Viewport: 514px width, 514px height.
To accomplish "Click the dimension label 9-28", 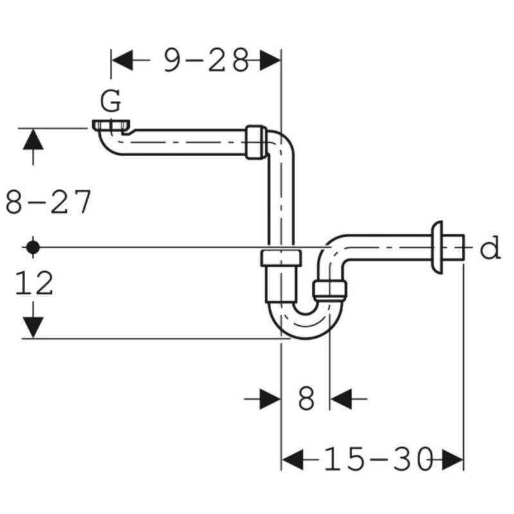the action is (206, 60).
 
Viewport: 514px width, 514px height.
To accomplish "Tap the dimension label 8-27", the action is (48, 202).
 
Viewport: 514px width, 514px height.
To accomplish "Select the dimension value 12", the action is (34, 283).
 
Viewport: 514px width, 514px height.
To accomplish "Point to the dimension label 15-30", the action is (378, 459).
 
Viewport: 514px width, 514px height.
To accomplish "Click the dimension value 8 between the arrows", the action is (306, 399).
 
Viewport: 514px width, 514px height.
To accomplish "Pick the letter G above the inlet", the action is (111, 101).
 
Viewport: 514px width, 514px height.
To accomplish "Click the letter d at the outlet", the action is (490, 247).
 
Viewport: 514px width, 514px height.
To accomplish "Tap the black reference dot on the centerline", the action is (33, 247).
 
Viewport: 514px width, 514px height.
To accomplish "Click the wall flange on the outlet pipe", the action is (438, 247).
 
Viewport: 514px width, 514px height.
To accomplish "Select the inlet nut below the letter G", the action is (111, 126).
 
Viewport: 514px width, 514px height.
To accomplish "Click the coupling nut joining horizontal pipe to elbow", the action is (256, 142).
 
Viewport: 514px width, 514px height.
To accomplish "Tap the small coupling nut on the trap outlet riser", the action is (330, 290).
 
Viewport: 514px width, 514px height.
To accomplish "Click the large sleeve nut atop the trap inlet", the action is (281, 258).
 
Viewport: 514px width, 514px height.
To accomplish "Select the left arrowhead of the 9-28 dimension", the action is (122, 60).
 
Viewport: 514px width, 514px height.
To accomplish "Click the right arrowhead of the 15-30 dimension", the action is (452, 459).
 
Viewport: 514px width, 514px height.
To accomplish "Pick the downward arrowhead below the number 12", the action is (33, 327).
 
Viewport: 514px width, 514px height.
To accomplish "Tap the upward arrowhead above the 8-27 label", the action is (33, 139).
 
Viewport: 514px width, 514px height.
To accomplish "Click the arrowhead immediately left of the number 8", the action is (270, 399).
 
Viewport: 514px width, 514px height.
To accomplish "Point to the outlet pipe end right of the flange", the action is (454, 247).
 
